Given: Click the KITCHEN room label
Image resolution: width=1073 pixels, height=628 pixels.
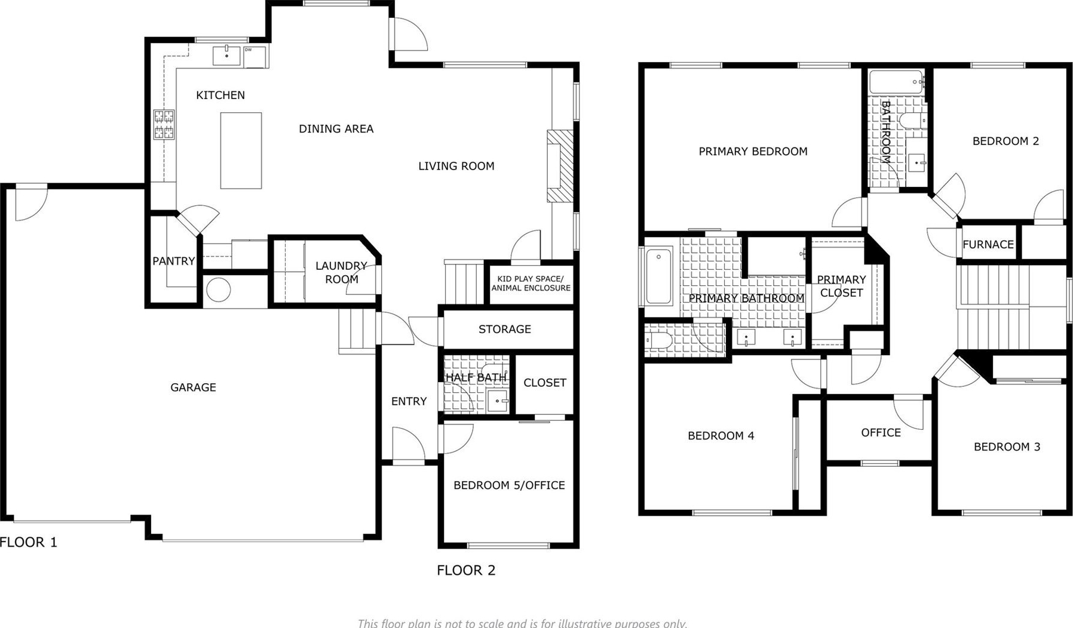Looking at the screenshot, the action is point(220,95).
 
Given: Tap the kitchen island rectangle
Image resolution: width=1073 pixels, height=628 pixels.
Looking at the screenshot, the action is point(241,150).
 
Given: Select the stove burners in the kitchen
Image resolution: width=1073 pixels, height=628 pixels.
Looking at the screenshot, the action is point(164,124).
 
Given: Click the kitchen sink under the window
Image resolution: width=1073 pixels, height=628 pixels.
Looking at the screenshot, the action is point(227,56).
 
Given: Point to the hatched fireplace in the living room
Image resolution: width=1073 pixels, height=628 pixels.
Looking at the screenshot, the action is point(560,166).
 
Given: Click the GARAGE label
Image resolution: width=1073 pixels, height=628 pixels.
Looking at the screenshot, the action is point(193,387).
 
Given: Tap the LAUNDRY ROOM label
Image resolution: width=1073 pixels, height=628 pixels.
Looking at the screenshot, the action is point(341,272).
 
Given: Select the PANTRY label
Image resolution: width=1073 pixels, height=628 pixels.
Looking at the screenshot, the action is point(173,261).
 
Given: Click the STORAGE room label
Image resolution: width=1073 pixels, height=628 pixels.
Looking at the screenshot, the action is point(505,329).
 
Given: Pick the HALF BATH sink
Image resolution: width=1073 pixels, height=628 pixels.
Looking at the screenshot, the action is point(498,401).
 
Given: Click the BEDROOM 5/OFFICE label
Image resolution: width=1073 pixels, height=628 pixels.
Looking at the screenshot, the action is point(509,485).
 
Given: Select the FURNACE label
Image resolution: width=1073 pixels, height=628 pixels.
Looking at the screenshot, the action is point(988,244).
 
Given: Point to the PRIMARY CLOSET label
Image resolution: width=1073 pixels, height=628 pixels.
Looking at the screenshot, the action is point(841,286).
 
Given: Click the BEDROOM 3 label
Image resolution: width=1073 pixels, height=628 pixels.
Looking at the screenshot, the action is point(1007,447).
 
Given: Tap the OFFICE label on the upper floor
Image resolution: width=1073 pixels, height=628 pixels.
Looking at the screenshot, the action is point(881,432).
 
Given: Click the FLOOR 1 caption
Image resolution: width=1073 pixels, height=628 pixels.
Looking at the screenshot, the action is point(29,542).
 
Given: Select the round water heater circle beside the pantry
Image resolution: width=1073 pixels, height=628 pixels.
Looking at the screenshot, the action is point(218,291).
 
